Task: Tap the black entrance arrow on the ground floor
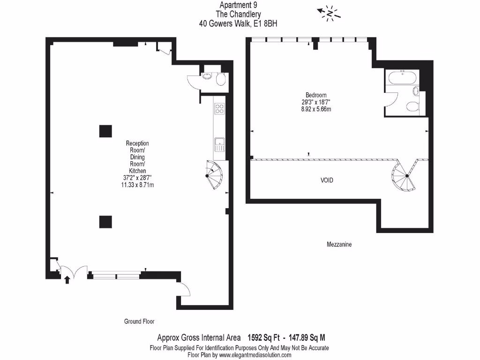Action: pos(67,280)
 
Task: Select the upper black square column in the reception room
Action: pos(105,131)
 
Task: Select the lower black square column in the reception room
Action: pos(105,221)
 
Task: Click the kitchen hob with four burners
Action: pos(219,109)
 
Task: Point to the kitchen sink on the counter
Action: pos(218,144)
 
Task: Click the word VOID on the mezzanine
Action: pos(327,180)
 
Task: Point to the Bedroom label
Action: pos(316,95)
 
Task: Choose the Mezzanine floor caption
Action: pos(339,245)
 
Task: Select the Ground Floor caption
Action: pos(139,322)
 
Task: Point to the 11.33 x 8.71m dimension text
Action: pos(138,185)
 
